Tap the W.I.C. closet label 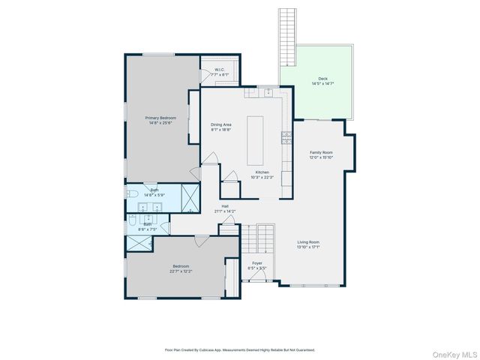220,70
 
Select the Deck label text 322,78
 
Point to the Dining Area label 220,124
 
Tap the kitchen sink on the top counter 268,91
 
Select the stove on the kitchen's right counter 286,137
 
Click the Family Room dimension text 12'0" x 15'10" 321,157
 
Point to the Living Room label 308,242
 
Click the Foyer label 257,263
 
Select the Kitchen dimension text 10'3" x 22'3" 262,177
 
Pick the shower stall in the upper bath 190,198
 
